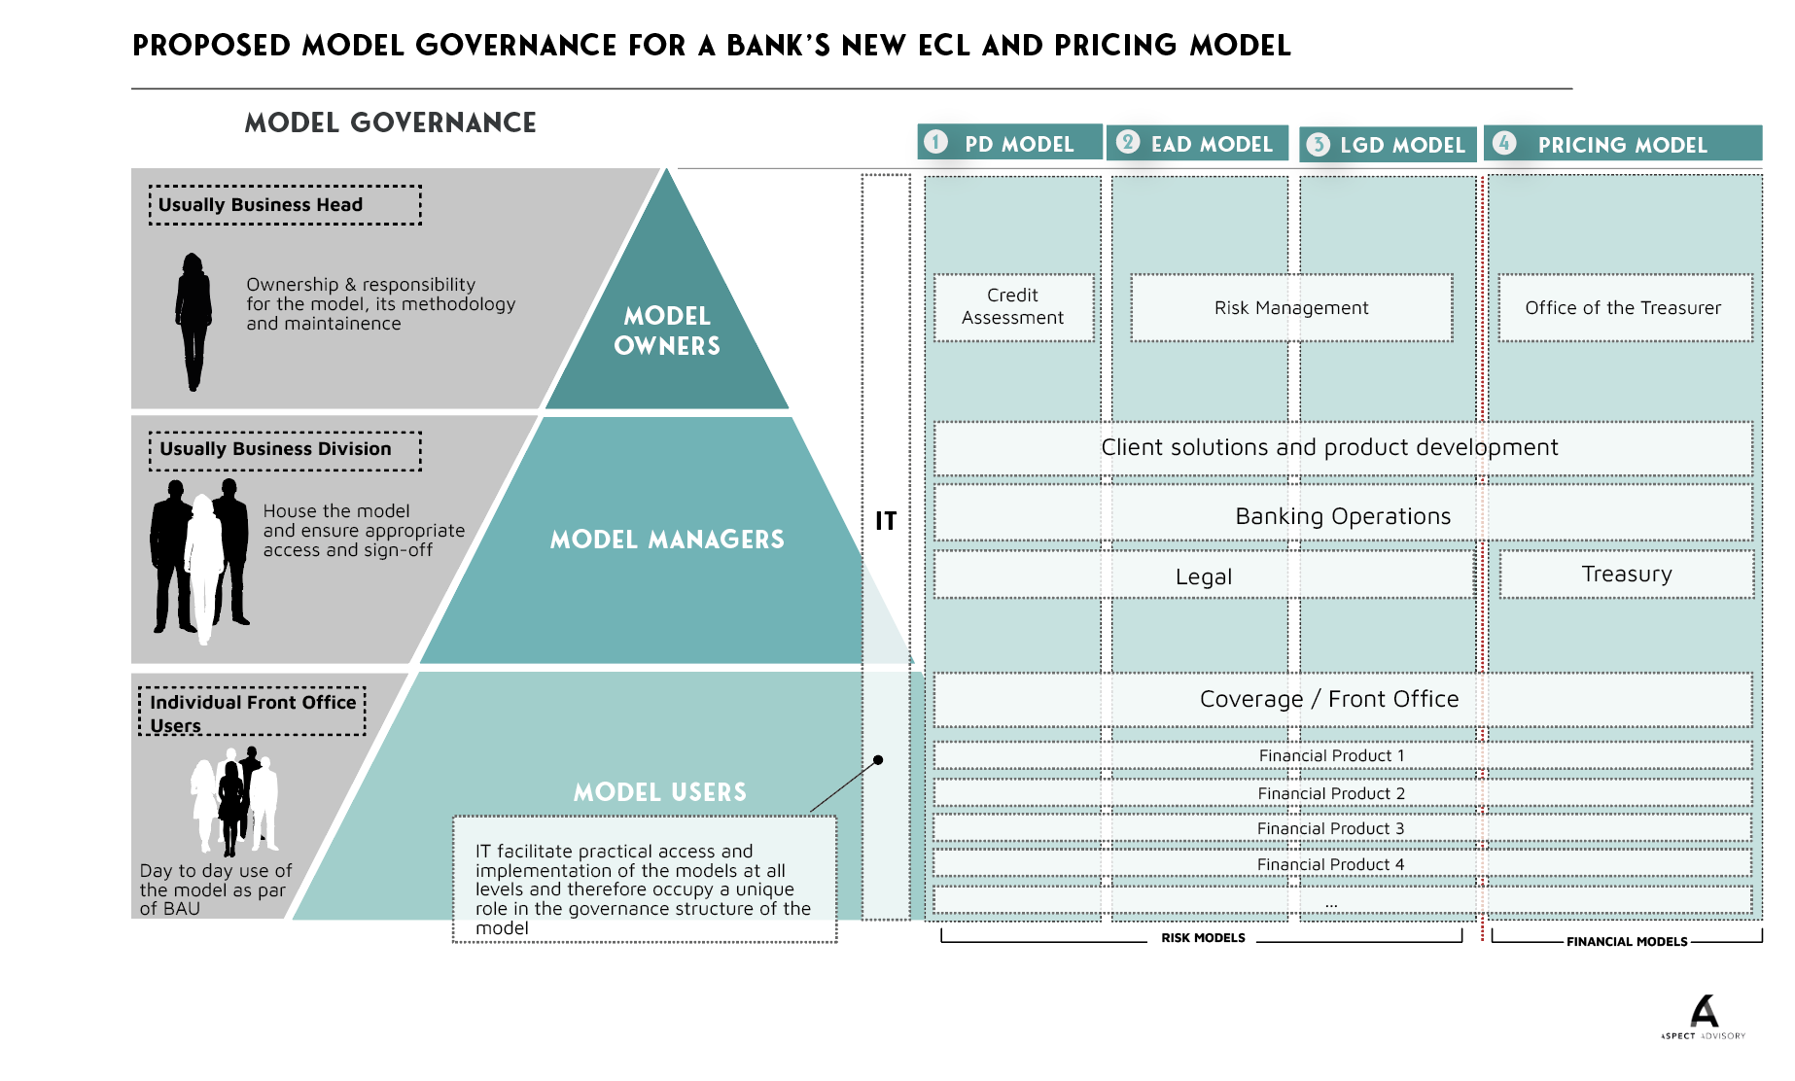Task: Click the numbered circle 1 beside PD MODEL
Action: pos(935,142)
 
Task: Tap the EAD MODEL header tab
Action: pos(1197,144)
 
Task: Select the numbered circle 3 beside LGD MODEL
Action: pos(1318,145)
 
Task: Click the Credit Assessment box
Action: pos(1013,307)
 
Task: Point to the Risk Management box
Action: pos(1291,308)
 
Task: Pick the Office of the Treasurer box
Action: pos(1624,308)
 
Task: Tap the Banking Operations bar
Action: pos(1343,515)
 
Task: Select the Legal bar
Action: pos(1204,575)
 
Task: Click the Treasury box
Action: pos(1627,574)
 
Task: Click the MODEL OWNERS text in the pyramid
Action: pos(667,331)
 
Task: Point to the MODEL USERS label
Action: pos(660,792)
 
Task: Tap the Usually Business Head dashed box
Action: pos(285,205)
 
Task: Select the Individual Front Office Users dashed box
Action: pos(253,713)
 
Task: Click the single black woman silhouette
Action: pos(194,321)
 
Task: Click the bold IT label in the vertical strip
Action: pos(886,521)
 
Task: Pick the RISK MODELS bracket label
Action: pos(1203,938)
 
